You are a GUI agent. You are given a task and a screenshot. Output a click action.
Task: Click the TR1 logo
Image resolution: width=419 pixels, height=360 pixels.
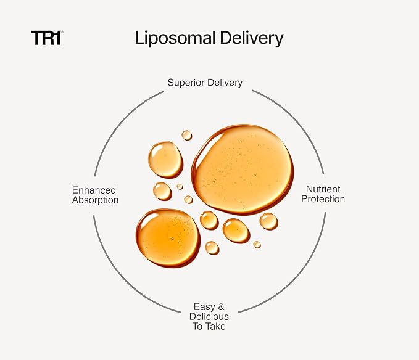click(46, 38)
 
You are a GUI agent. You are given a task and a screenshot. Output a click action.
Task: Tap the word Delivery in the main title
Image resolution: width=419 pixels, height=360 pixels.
click(251, 38)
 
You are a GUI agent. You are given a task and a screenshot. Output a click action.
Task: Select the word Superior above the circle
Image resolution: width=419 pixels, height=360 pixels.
click(186, 83)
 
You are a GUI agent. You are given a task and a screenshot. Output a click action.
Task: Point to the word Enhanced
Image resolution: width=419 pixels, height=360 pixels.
click(94, 190)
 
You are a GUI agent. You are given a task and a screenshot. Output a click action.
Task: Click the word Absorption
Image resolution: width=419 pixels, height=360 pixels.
click(96, 200)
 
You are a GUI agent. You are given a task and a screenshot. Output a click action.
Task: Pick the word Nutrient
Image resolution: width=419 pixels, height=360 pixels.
click(323, 189)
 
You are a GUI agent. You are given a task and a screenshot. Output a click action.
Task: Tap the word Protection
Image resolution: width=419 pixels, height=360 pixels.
click(323, 199)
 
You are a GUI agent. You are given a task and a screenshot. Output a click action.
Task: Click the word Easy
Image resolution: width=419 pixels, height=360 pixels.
click(204, 307)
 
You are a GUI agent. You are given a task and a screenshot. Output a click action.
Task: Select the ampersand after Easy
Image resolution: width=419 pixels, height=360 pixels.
click(221, 306)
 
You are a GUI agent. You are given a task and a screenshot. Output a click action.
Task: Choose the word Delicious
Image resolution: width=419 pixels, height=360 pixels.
click(209, 316)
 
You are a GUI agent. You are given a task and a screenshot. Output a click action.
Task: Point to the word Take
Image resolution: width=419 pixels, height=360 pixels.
click(215, 326)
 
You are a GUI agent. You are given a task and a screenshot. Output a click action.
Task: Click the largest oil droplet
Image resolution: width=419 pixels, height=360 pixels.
click(243, 170)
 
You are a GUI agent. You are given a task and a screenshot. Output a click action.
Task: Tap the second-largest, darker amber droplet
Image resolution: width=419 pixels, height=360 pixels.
click(168, 238)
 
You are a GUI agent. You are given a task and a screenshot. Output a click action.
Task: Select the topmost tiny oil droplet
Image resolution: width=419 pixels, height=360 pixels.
click(187, 135)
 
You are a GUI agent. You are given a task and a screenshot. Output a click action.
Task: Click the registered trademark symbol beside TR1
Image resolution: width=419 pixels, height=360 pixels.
click(62, 32)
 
